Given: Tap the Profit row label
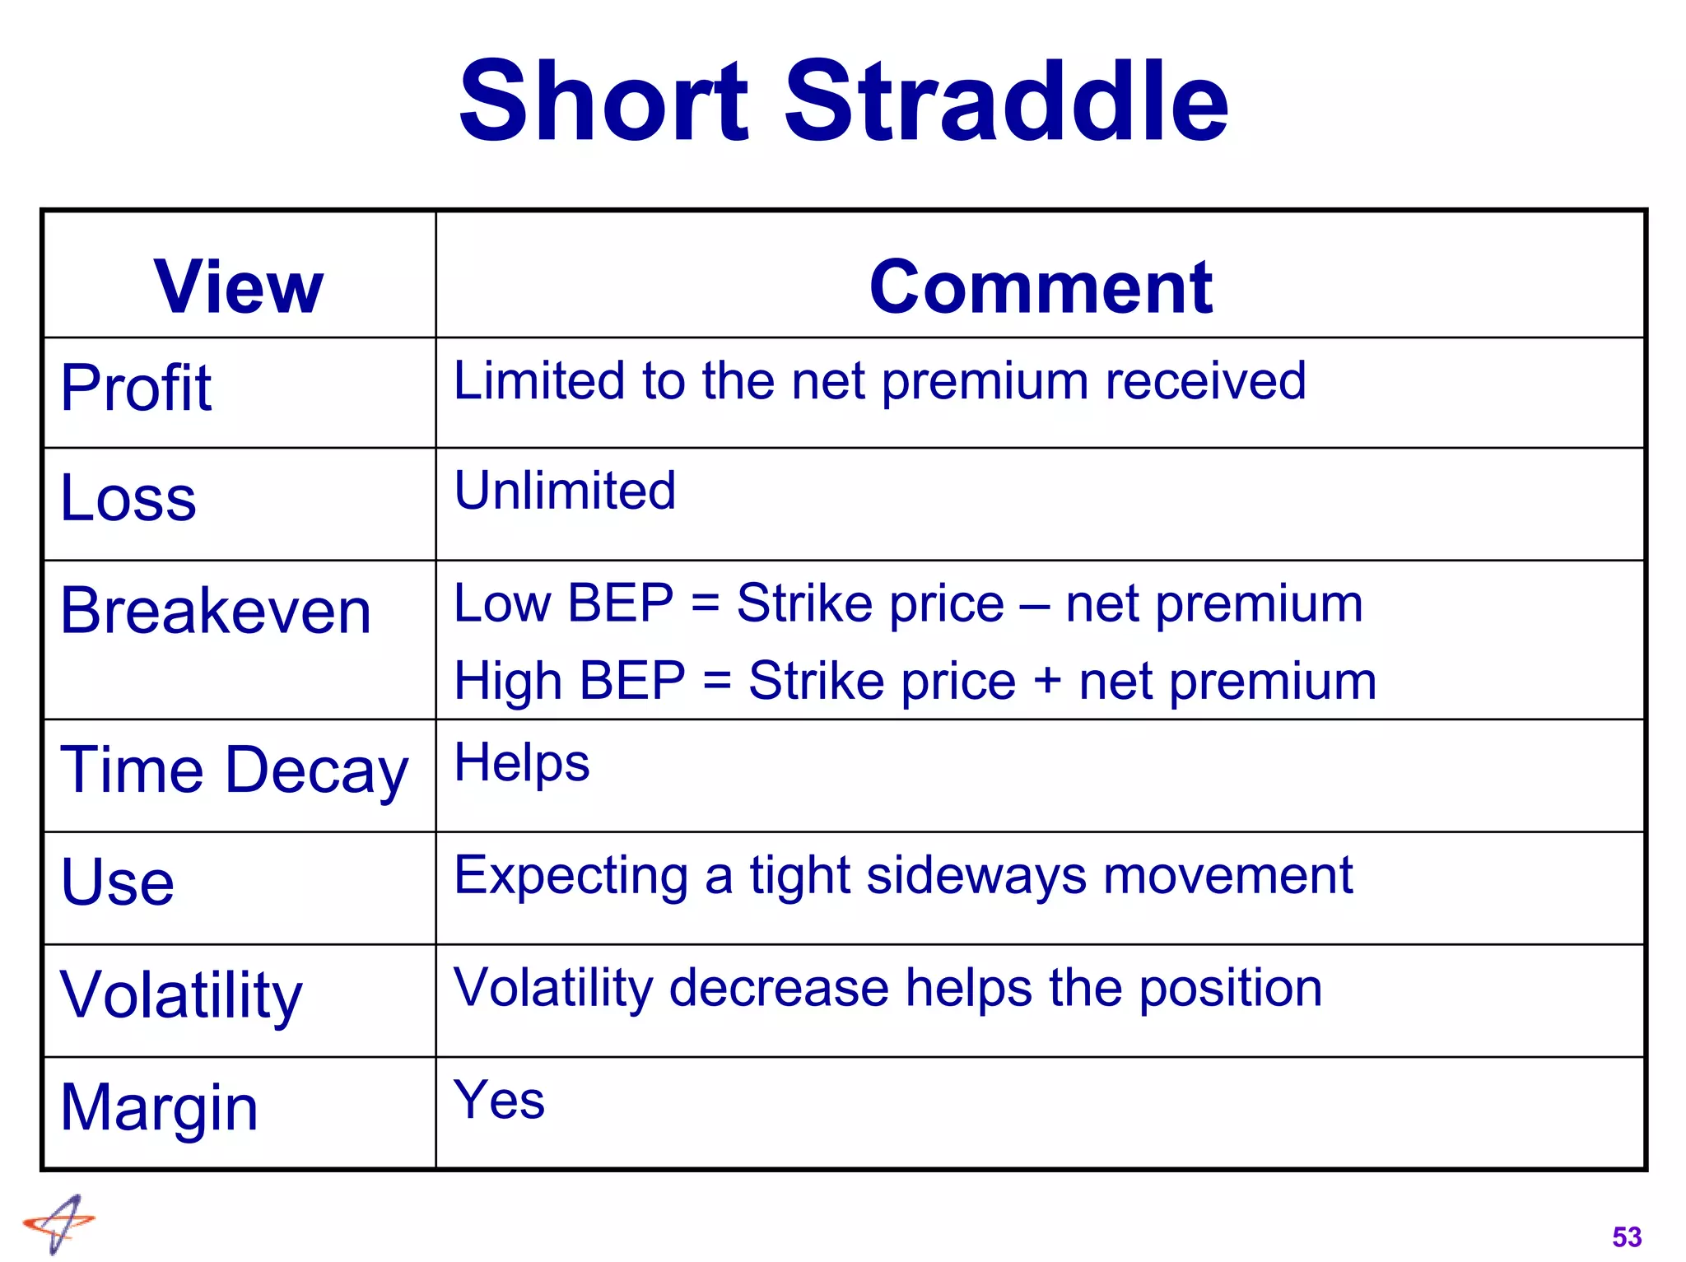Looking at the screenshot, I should coord(136,388).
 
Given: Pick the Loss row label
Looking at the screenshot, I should coord(128,499).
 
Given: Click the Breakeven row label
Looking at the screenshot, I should coord(216,611).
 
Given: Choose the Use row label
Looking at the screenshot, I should coord(118,882).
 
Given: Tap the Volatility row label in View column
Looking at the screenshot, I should coord(182,995).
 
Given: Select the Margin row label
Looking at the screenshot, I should coord(160,1108).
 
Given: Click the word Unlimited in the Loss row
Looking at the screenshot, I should coord(565,491).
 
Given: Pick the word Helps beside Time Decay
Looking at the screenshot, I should coord(522,763).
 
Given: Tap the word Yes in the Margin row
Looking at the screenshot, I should coord(499,1100).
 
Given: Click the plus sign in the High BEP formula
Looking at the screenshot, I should coord(1047,682).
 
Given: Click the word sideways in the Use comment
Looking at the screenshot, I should coord(976,875).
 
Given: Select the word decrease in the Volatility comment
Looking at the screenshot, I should coord(779,988).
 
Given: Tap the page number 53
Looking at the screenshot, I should coord(1627,1237).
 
